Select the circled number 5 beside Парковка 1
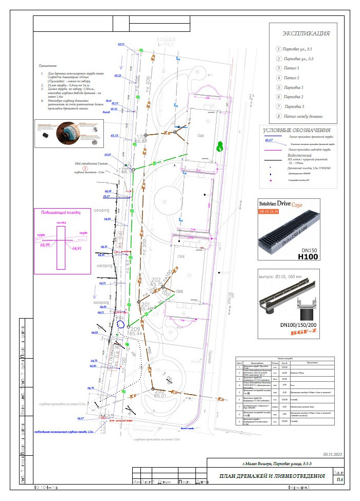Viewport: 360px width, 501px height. [278, 87]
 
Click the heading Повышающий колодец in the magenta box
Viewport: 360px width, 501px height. [62, 212]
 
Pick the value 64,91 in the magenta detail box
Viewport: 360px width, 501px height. [77, 248]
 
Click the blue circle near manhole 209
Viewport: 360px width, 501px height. [121, 325]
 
